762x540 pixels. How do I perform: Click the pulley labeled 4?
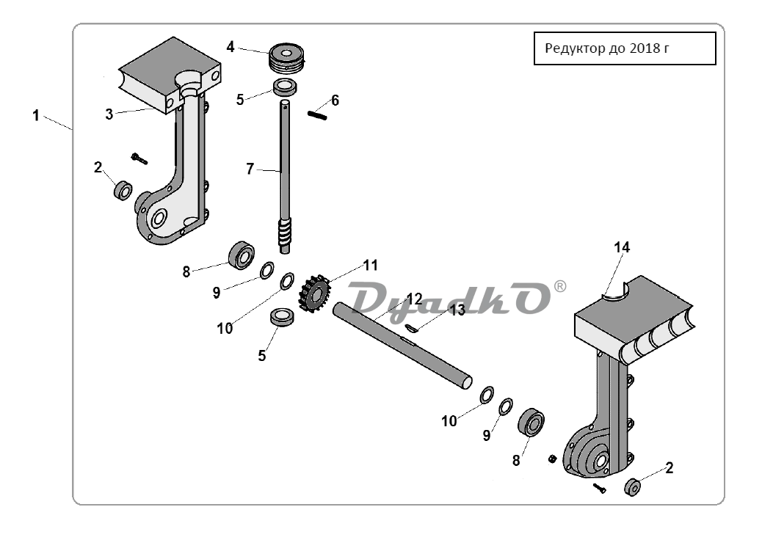point(286,57)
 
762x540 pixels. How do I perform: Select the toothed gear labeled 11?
point(314,293)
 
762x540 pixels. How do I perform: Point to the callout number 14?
point(622,248)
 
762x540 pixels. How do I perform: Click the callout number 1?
point(35,116)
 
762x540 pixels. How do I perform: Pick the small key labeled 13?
point(411,328)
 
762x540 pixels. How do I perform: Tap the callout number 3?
point(109,114)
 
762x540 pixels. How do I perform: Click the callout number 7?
point(250,169)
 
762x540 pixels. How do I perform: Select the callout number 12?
point(415,299)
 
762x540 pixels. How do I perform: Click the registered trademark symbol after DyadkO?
point(560,287)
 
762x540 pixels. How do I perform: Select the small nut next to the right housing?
point(552,459)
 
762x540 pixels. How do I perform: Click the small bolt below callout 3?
point(139,158)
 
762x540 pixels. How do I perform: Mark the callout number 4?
point(231,47)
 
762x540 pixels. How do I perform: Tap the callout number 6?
point(335,101)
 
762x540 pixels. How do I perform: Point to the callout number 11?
point(370,266)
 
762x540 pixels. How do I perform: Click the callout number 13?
point(457,310)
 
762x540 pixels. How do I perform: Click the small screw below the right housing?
point(600,489)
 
